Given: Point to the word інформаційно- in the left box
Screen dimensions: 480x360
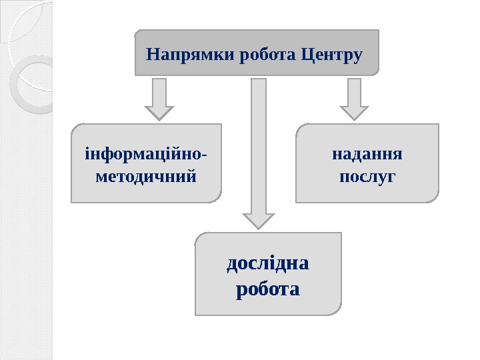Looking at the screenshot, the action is (x=145, y=155).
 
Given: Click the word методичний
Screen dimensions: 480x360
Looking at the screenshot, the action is (x=145, y=177).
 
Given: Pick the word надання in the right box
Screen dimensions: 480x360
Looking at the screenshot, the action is (x=367, y=155).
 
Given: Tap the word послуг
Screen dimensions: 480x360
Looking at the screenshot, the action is (x=367, y=177).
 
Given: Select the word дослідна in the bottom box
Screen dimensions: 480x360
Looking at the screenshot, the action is (x=268, y=265).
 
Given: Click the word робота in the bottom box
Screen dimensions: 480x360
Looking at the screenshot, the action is (x=268, y=290).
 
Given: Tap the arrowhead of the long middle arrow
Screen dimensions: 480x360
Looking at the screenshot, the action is (x=258, y=221).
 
